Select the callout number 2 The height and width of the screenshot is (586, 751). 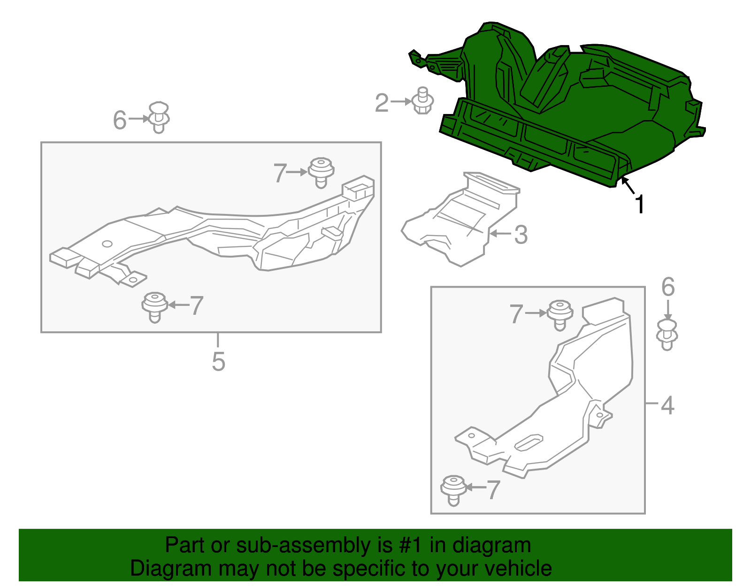pyautogui.click(x=382, y=103)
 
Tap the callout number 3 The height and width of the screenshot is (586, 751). pyautogui.click(x=521, y=235)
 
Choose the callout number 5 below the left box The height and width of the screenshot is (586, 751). pyautogui.click(x=218, y=361)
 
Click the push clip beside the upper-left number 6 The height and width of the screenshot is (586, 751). pyautogui.click(x=159, y=117)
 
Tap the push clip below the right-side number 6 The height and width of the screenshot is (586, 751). pyautogui.click(x=667, y=335)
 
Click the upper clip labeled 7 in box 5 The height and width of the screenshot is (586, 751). pyautogui.click(x=321, y=173)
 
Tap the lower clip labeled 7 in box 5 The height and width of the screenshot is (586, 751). pyautogui.click(x=155, y=307)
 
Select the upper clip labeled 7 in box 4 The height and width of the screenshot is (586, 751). pyautogui.click(x=560, y=315)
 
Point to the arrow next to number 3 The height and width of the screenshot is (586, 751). pyautogui.click(x=500, y=234)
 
